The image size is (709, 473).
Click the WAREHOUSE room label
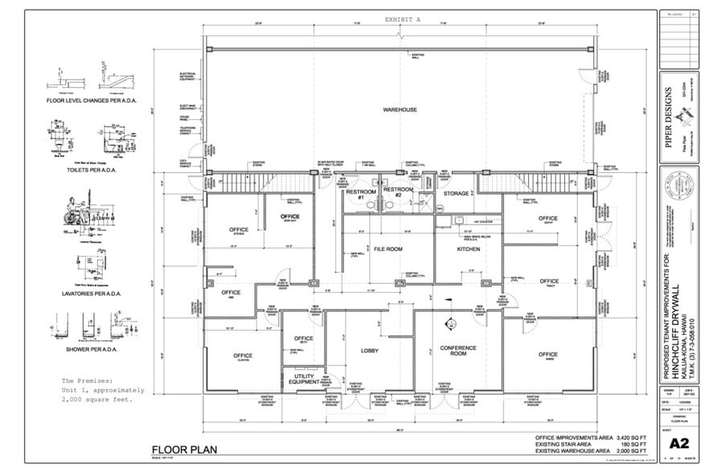tap(399, 109)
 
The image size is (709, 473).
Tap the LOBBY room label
tap(369, 351)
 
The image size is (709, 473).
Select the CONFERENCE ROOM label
tap(458, 351)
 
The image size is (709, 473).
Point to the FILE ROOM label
tap(387, 249)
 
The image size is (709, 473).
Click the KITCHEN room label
tap(468, 249)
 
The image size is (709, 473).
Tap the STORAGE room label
tap(457, 193)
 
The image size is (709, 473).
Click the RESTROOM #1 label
tap(356, 195)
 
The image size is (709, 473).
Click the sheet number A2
tap(678, 442)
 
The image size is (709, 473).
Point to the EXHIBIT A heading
tap(403, 18)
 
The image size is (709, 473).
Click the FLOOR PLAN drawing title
tap(182, 449)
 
